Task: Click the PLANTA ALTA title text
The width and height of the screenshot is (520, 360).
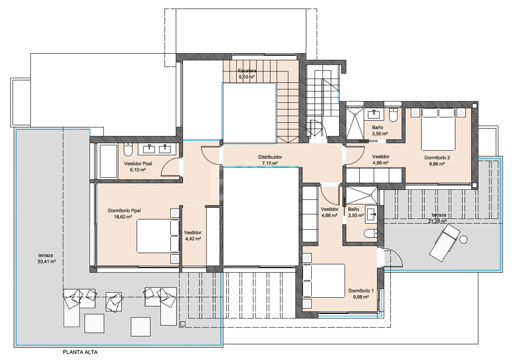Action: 80,352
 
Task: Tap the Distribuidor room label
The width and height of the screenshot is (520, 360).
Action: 270,157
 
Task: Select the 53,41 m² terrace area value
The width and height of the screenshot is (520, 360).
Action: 47,262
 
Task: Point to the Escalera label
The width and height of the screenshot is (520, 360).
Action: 247,70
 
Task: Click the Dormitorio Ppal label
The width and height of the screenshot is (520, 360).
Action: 124,210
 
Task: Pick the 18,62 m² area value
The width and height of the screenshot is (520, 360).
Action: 123,217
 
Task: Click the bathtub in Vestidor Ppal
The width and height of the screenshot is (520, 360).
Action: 108,161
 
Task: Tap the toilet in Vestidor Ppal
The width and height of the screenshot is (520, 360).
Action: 128,150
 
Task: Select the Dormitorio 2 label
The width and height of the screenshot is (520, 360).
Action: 437,158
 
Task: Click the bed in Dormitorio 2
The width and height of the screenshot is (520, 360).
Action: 438,129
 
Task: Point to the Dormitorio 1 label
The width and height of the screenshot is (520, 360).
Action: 361,291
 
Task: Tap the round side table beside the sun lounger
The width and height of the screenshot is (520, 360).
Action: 463,239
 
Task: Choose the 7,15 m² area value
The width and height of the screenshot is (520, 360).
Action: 270,163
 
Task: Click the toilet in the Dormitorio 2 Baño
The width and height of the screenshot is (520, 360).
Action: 394,115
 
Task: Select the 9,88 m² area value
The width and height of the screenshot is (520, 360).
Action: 361,297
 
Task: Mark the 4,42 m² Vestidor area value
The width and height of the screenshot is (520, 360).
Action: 193,238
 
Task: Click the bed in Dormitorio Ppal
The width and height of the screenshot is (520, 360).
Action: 158,236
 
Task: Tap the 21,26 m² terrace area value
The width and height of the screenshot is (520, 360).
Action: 437,221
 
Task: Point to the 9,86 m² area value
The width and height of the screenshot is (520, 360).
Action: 437,164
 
